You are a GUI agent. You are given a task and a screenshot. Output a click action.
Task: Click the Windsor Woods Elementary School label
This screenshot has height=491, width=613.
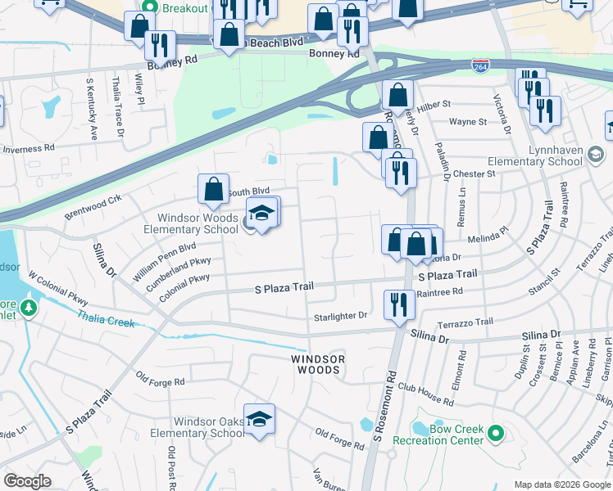coord(198,223)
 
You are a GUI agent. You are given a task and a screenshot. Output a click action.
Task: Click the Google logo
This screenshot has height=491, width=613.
coord(28,481)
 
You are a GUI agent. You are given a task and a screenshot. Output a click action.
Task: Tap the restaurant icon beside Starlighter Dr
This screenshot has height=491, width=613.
coord(399,304)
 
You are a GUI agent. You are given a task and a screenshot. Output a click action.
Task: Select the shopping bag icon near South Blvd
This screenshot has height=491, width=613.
coord(213,190)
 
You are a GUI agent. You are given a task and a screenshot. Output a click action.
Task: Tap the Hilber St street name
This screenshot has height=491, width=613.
coord(434,105)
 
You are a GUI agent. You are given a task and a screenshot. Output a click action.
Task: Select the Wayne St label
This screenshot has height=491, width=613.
coord(467,122)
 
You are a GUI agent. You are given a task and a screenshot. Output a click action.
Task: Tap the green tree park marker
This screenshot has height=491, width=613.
coord(30,309)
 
